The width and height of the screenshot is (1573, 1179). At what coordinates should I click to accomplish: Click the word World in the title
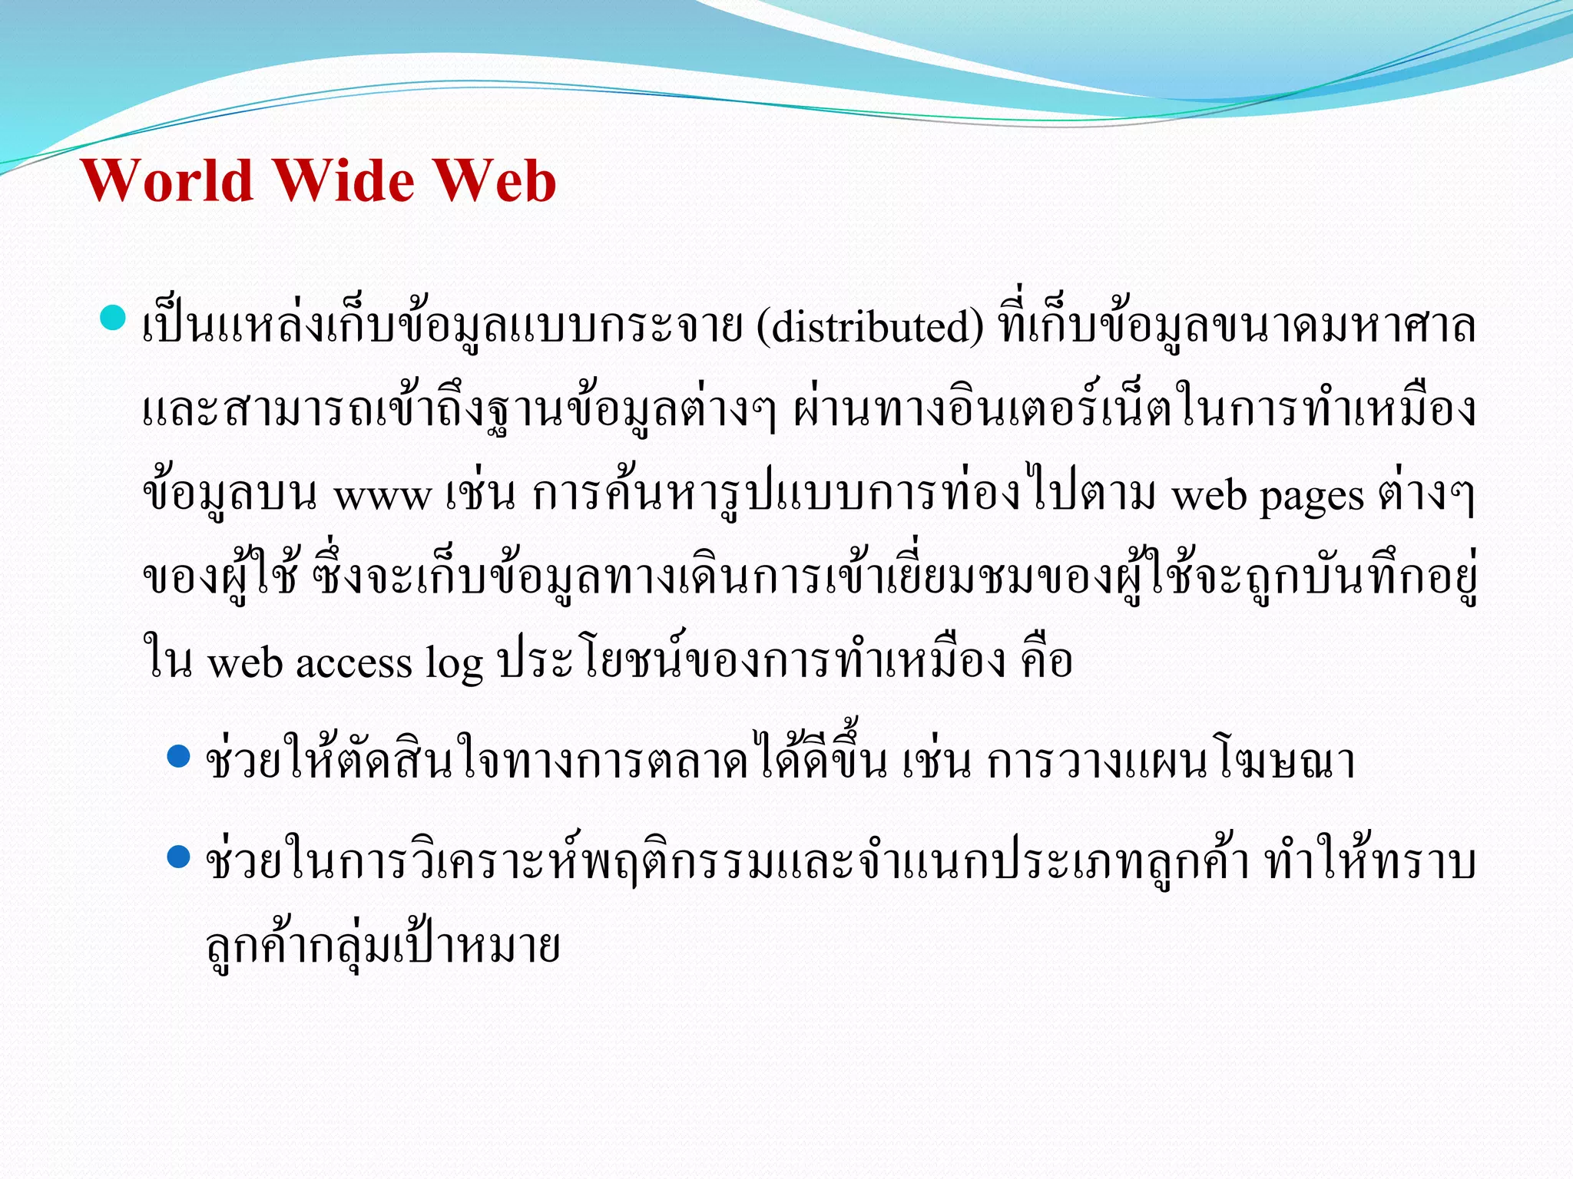click(x=167, y=181)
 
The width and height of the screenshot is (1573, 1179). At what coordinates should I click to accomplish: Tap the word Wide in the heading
click(x=344, y=181)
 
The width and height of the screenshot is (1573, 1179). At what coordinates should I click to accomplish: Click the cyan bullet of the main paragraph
click(x=113, y=317)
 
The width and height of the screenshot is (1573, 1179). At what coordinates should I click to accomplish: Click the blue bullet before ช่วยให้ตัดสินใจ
click(x=178, y=756)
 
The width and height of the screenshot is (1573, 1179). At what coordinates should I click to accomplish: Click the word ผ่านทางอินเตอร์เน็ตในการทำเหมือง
click(x=1134, y=411)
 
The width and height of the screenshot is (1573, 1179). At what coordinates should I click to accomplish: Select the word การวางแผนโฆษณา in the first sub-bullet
click(x=1171, y=761)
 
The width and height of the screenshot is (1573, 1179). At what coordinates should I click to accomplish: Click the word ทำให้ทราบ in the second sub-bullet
click(x=1369, y=861)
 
